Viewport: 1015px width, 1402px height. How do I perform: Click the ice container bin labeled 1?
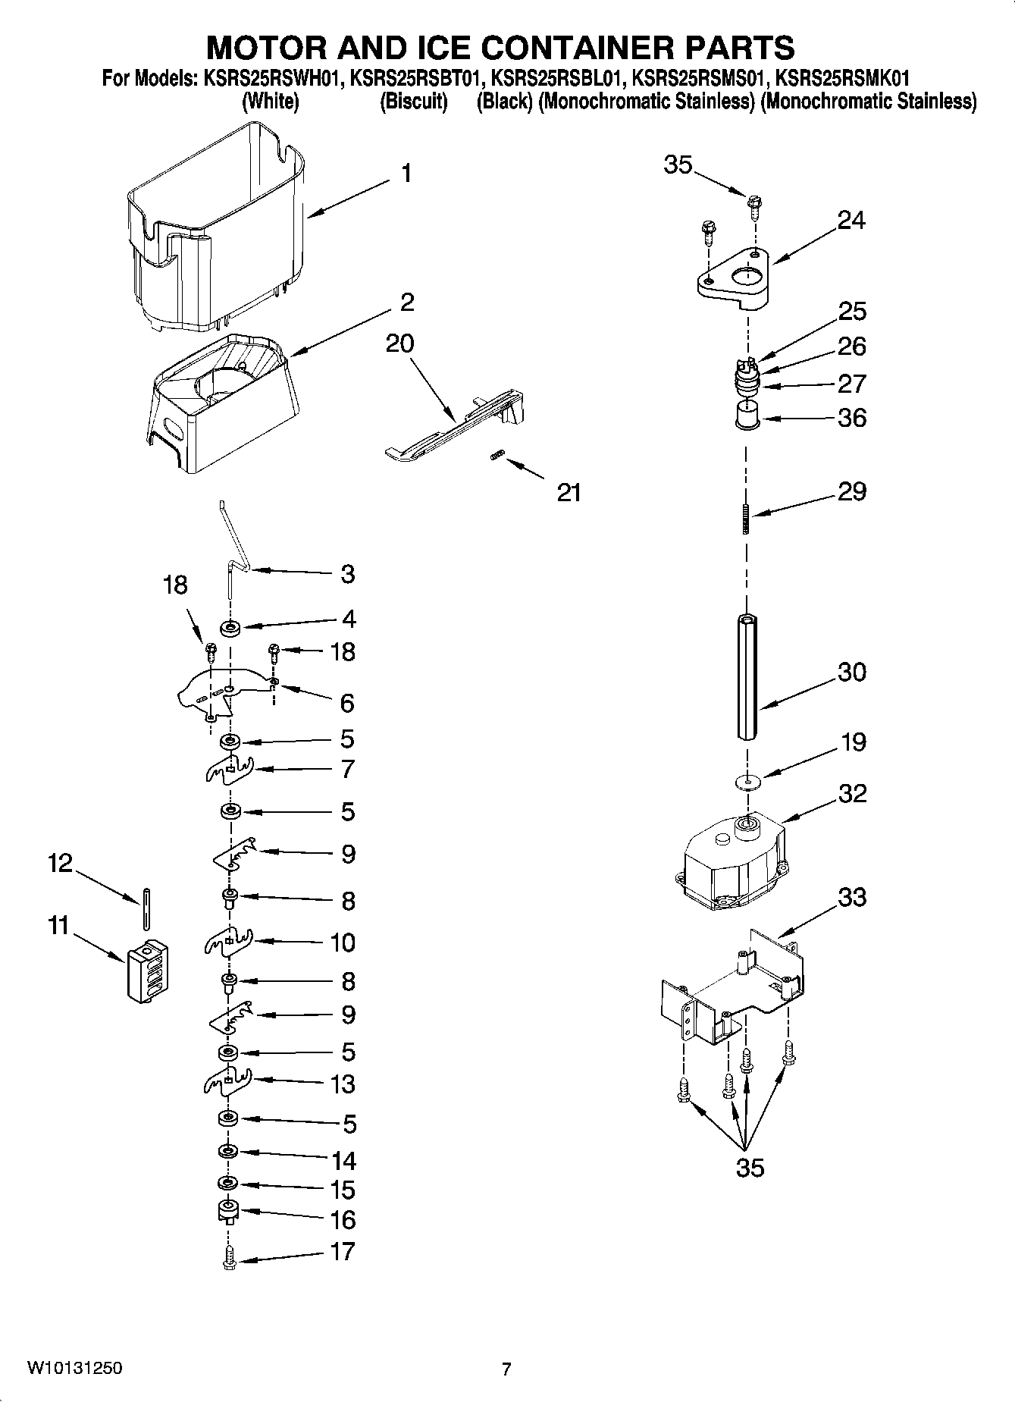(x=216, y=227)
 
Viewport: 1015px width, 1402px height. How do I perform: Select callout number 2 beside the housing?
(x=407, y=303)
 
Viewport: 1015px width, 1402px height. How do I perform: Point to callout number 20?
(x=399, y=343)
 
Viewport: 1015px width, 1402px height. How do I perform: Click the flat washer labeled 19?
(x=747, y=782)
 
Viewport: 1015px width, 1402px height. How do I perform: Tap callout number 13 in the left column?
(x=343, y=1084)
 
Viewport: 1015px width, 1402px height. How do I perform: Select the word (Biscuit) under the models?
(x=413, y=101)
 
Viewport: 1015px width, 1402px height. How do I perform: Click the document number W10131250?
(x=74, y=1369)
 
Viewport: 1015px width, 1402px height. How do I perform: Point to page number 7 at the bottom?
(x=506, y=1369)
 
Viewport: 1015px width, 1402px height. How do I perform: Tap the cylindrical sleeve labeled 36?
(x=747, y=418)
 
